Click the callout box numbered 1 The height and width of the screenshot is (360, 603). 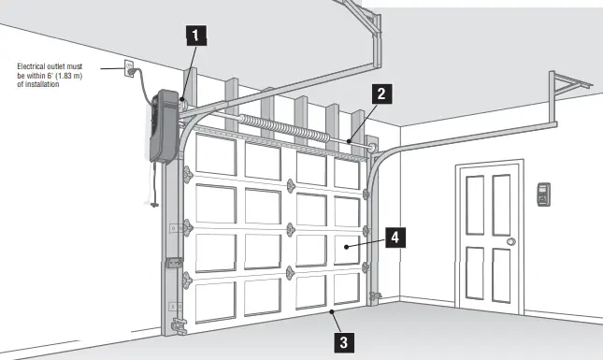[x=194, y=36]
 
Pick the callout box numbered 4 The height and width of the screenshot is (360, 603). [x=395, y=238]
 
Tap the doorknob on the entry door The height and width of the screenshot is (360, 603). [x=510, y=242]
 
